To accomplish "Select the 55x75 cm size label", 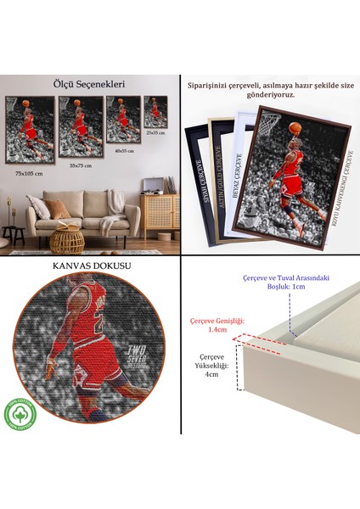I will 81,165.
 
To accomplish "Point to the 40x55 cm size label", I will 125,149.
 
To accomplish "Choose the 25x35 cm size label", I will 155,133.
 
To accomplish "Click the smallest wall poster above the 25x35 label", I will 155,111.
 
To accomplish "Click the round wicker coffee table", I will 67,240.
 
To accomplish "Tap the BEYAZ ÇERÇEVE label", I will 239,171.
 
